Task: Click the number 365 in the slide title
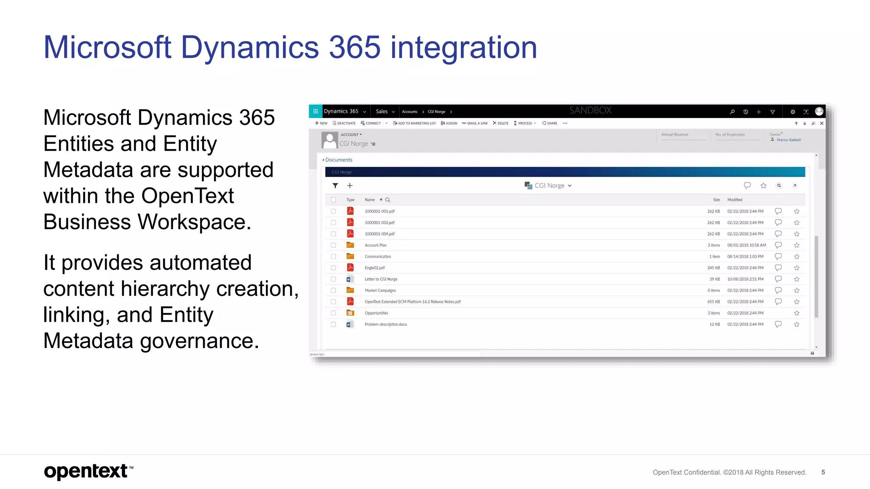354,47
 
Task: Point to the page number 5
823,472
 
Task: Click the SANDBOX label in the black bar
590,110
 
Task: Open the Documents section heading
339,160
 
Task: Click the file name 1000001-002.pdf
379,223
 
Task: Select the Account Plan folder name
376,245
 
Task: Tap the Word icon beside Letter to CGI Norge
350,279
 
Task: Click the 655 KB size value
713,302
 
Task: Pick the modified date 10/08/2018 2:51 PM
745,279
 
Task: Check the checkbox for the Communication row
333,257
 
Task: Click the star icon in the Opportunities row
797,313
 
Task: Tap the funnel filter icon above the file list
335,185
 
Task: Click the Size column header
716,200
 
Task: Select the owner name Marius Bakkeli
788,140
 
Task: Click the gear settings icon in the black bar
793,112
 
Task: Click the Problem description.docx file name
386,325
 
